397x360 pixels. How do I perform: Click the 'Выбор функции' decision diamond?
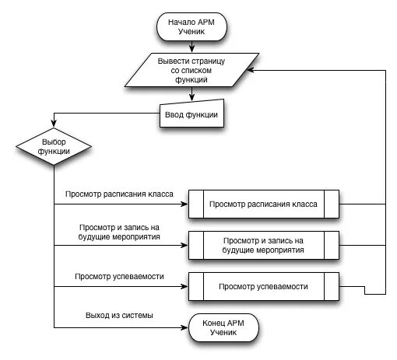pyautogui.click(x=54, y=146)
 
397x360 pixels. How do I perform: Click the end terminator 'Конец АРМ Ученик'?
pyautogui.click(x=223, y=327)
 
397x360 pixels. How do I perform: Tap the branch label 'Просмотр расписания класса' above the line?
pyautogui.click(x=119, y=192)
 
